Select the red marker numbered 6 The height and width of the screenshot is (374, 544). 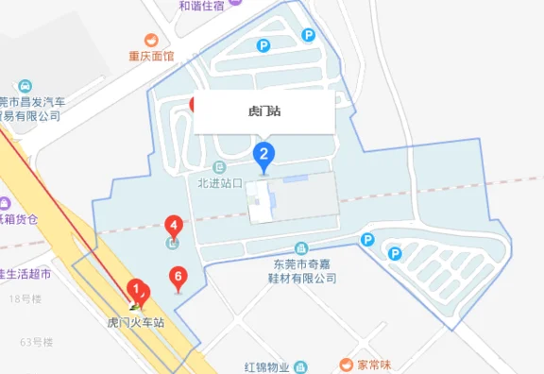point(176,278)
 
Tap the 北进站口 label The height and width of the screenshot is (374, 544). point(221,182)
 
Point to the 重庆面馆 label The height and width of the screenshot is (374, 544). point(152,56)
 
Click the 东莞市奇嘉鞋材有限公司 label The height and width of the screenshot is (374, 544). point(300,271)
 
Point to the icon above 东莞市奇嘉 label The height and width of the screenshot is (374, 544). point(301,247)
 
